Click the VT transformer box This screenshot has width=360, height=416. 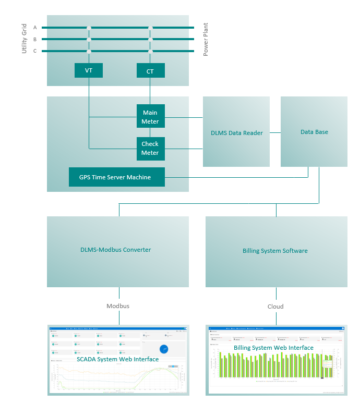click(88, 70)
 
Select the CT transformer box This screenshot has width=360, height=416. click(150, 71)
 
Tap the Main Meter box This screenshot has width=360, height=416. click(150, 117)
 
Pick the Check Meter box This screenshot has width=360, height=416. click(150, 149)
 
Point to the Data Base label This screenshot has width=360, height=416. click(314, 132)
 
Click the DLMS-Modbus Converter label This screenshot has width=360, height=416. click(115, 250)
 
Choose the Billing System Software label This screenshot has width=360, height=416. click(275, 251)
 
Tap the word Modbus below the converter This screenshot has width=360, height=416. click(118, 306)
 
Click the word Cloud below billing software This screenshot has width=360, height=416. click(275, 307)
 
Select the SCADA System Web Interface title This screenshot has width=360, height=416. click(117, 359)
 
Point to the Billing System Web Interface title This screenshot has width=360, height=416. click(273, 348)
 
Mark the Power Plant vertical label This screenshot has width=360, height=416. click(206, 39)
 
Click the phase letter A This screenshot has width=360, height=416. click(35, 27)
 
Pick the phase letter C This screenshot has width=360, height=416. click(35, 51)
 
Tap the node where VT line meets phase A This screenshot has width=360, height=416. click(89, 28)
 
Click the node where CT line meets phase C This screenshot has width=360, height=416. click(150, 51)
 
